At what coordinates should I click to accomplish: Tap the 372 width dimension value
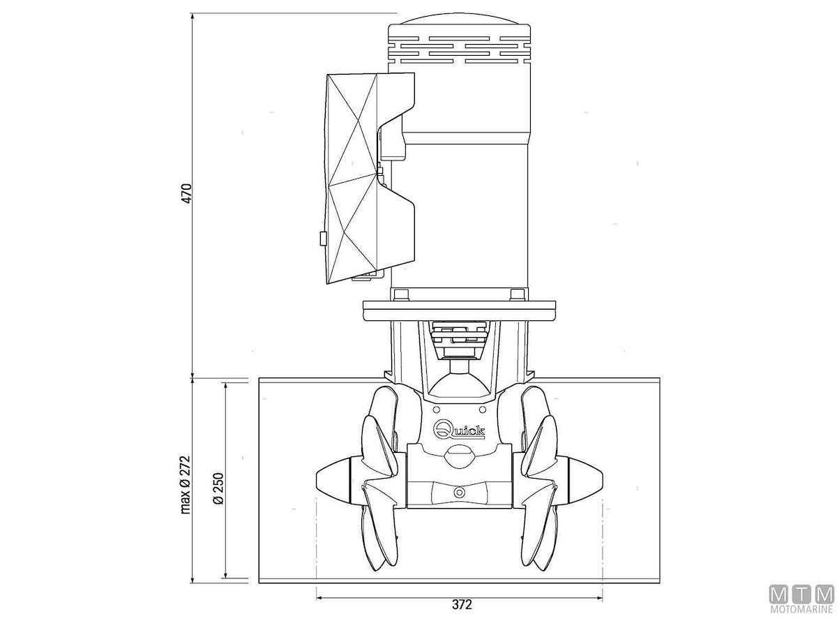pos(462,604)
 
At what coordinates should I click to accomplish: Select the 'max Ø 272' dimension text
pos(186,484)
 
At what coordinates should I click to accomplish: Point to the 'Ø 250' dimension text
pos(218,489)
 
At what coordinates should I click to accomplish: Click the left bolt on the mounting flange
pos(401,294)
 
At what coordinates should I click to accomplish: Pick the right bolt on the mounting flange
pos(517,294)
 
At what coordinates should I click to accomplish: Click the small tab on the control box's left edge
pos(322,239)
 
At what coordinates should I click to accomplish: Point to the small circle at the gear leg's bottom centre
pos(460,492)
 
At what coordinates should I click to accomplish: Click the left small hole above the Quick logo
pos(437,410)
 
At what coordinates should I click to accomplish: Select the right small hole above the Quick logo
pos(482,410)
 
